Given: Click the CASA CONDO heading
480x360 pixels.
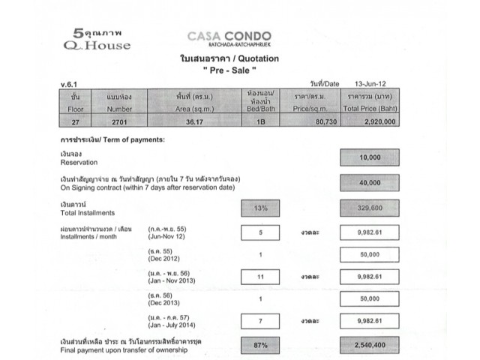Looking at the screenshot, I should pos(229,37).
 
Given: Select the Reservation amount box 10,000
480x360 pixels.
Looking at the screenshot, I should pos(369,157).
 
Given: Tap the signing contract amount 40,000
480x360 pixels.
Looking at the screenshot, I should pos(369,182).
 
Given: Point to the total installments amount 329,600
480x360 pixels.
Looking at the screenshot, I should pos(369,208).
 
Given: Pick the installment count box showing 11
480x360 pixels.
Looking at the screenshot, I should pos(261,277).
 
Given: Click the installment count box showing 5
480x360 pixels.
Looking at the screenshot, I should pos(261,232).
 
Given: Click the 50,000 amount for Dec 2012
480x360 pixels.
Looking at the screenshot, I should pos(369,254).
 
